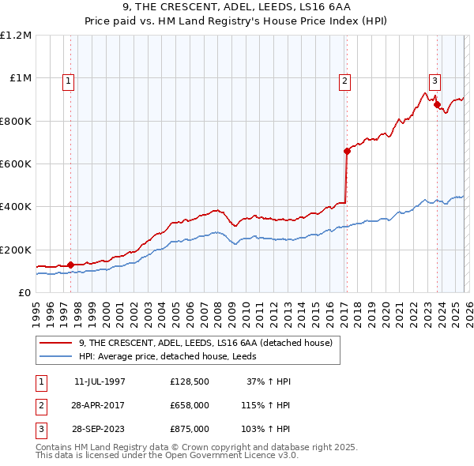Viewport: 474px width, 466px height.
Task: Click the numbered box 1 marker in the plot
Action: point(69,80)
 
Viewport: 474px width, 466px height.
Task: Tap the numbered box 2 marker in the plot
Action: point(345,80)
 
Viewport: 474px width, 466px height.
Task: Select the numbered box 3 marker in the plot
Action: point(434,80)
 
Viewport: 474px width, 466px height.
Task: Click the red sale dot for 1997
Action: point(70,265)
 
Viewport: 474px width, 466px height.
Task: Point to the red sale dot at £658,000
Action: point(346,152)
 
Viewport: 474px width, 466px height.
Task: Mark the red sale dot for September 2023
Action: point(437,104)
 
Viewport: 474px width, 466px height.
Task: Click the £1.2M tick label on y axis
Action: point(17,36)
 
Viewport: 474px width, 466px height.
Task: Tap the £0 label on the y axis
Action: point(24,293)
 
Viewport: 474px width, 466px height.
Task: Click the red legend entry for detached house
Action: point(205,343)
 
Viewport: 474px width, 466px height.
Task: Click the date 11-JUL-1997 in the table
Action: point(100,381)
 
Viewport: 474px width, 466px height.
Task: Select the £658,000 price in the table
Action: point(189,406)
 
